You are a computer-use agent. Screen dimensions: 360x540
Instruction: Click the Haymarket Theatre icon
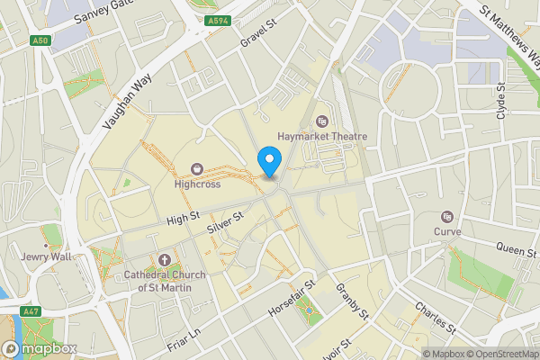point(323,121)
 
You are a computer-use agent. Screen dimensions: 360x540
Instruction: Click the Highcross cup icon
point(197,168)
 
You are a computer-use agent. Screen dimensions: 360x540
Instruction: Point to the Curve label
point(447,231)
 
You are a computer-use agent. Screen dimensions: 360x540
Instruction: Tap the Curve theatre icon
point(447,216)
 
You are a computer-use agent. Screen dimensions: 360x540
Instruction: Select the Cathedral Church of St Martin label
point(165,281)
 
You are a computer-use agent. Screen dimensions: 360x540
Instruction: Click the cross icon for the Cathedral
point(164,260)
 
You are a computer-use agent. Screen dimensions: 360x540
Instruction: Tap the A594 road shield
point(216,20)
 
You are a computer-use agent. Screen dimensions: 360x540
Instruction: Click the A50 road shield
point(40,40)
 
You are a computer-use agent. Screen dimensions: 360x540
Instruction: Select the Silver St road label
point(226,223)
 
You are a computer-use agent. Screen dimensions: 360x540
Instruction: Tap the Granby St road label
point(352,301)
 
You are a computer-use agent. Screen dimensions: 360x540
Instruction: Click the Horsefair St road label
point(293,298)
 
